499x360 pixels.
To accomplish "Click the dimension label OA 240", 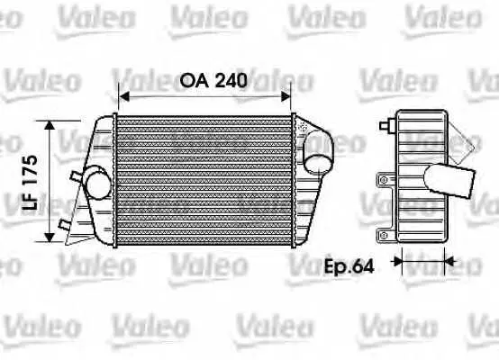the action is coord(213,80).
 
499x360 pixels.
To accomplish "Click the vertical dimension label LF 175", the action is coord(31,183).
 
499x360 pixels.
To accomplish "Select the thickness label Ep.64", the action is coord(349,266).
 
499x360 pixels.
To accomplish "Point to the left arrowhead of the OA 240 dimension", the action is coord(123,96).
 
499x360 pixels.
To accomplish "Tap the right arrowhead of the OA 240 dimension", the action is coord(286,96).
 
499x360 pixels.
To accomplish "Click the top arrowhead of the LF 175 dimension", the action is coord(50,125).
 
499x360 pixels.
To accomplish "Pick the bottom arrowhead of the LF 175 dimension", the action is coord(50,237).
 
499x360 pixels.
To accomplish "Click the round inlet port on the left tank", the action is coord(98,185).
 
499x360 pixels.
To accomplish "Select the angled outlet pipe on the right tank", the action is coord(318,152).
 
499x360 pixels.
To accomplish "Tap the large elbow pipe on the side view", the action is coord(449,181).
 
